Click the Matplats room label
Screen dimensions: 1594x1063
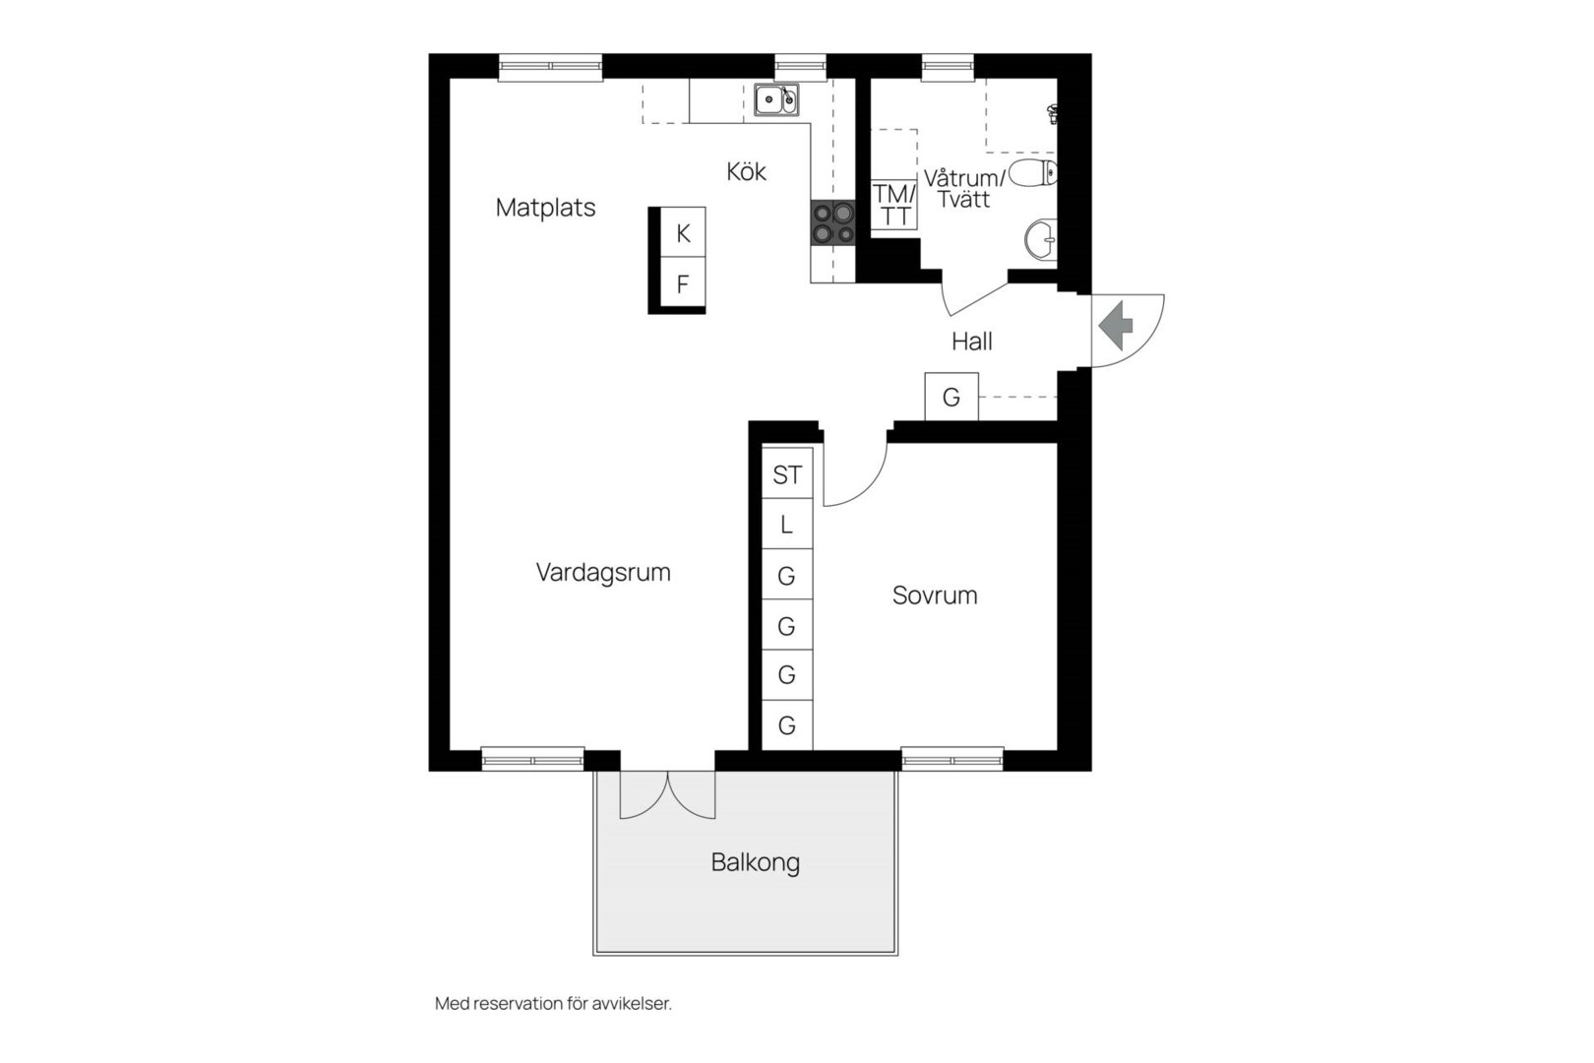click(545, 208)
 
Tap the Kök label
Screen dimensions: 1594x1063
click(747, 171)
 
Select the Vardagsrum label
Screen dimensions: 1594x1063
click(603, 573)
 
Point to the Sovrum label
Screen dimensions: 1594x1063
click(935, 595)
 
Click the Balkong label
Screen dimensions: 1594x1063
click(755, 863)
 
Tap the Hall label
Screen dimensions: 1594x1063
click(972, 342)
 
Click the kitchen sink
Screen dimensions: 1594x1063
click(776, 99)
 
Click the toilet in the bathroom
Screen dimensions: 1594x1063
click(1032, 173)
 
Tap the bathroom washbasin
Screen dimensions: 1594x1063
click(1041, 239)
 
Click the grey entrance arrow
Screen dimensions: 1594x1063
click(1115, 326)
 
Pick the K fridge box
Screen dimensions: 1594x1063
click(683, 232)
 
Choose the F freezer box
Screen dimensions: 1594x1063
click(683, 283)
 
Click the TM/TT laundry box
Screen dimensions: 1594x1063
click(893, 205)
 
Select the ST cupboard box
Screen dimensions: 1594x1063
click(787, 473)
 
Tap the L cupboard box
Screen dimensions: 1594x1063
click(787, 524)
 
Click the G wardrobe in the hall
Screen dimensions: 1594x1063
click(951, 397)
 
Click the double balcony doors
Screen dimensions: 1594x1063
click(667, 794)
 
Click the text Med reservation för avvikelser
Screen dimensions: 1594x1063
click(553, 1004)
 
